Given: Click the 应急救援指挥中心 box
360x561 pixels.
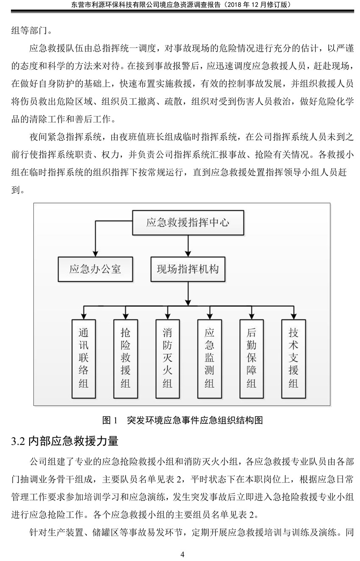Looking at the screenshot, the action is [188, 222].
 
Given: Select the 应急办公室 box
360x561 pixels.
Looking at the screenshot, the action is [95, 269].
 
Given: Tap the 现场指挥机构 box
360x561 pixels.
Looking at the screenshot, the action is [188, 269].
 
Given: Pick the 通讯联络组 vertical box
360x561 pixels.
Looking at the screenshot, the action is [83, 358].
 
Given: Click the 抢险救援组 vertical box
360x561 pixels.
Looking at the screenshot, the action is [125, 358].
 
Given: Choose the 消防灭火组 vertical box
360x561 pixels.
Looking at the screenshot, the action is [167, 358].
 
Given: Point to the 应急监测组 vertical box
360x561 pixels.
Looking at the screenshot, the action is [210, 358].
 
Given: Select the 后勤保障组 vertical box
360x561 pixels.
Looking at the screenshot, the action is [251, 358].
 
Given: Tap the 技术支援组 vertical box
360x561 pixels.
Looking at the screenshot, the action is [294, 358].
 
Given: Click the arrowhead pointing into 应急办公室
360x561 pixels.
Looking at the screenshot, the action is [95, 253].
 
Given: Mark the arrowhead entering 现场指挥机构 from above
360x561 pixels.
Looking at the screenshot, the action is [188, 253].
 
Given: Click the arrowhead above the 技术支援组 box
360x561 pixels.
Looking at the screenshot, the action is [294, 316].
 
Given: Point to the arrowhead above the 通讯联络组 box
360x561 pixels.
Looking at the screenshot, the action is [83, 316].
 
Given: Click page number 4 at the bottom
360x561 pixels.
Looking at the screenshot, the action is [182, 554].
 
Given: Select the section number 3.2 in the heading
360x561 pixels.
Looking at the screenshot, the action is [18, 441].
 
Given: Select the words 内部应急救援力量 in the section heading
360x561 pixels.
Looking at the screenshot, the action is [73, 441].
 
